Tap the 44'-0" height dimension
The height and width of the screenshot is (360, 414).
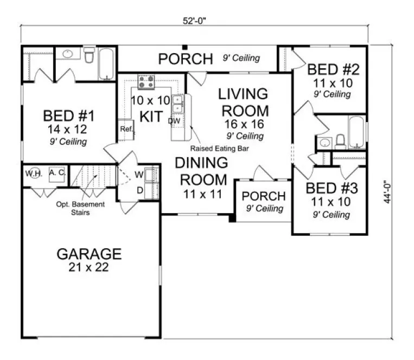[x=387, y=192]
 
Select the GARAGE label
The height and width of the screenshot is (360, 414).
[x=89, y=254]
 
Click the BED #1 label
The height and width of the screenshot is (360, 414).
[x=69, y=116]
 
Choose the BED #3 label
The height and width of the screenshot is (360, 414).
[x=328, y=189]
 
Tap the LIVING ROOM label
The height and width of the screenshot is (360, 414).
[x=244, y=101]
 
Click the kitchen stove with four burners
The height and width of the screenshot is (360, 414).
[x=147, y=82]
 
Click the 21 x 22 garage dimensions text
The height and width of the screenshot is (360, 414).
[x=89, y=267]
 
